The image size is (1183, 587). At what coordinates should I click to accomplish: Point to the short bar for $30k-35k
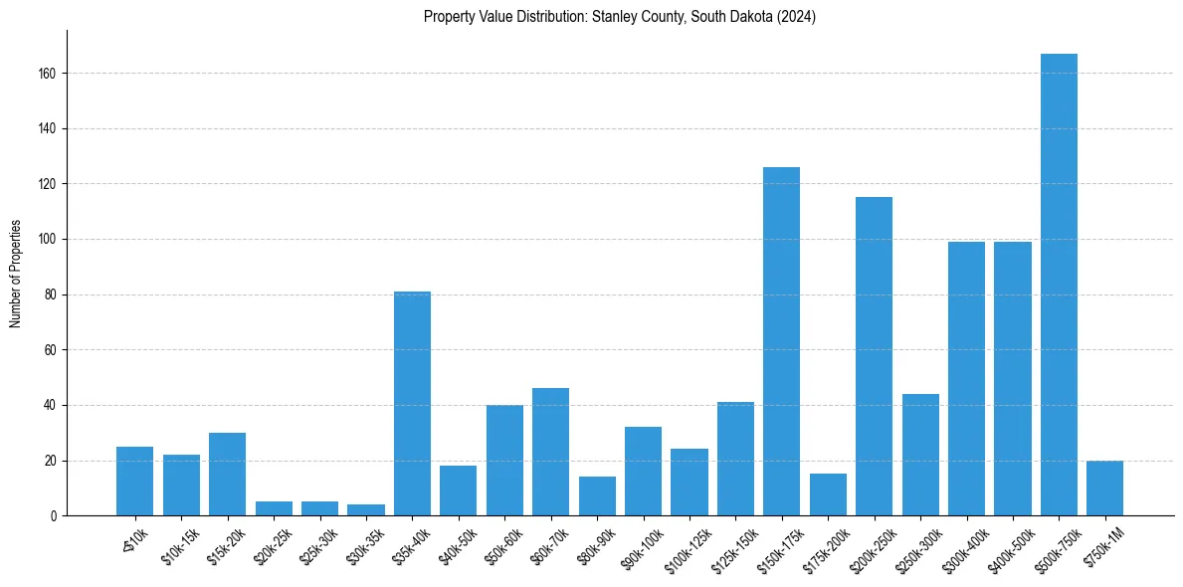(366, 509)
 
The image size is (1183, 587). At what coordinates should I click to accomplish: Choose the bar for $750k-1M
(1104, 488)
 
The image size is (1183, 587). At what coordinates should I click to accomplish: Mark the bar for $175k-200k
(828, 494)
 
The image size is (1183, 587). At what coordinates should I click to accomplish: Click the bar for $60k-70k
(550, 452)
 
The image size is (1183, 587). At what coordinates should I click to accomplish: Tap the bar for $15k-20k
(227, 474)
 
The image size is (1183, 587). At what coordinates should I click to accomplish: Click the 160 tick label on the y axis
(46, 74)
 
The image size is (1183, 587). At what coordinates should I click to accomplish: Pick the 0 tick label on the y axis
(52, 516)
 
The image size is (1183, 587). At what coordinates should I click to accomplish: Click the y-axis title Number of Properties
(16, 274)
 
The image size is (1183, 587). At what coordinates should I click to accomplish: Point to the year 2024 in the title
(795, 17)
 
